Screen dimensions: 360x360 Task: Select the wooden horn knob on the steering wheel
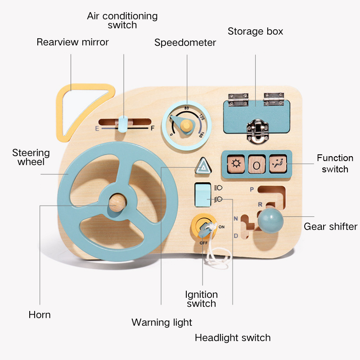tap(118, 203)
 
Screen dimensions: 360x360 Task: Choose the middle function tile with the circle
tap(256, 165)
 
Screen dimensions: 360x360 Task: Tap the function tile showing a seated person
tap(278, 164)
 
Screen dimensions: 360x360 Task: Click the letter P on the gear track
tap(252, 189)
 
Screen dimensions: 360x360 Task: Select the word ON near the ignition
tap(221, 227)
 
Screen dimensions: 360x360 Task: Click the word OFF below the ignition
tap(203, 242)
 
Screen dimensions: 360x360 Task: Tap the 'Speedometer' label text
tap(185, 43)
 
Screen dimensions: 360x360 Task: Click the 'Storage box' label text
tap(255, 31)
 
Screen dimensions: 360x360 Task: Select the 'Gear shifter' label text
tap(330, 226)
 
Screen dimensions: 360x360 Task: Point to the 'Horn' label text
tap(40, 315)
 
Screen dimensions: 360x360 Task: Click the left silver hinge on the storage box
tap(238, 100)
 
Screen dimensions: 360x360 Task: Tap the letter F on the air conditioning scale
tap(152, 128)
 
